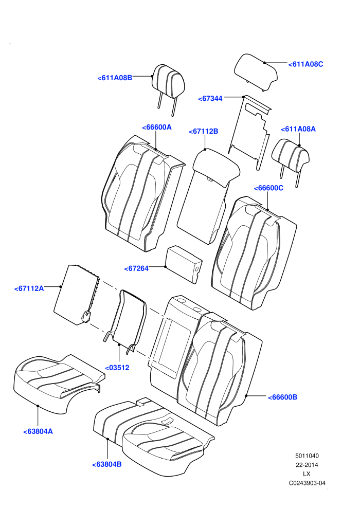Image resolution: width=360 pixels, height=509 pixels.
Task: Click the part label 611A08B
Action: (115, 78)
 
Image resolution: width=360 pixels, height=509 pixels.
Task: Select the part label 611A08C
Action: (306, 64)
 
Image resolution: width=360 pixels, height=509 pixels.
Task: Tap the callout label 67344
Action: (210, 98)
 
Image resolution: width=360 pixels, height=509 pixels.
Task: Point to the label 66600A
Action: (157, 128)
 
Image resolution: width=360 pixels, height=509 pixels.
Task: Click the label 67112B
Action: (204, 132)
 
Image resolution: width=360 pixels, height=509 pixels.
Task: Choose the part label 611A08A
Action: (298, 129)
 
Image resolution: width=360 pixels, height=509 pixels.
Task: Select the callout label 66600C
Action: (268, 188)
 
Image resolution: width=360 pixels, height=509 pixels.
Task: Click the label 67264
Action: (136, 268)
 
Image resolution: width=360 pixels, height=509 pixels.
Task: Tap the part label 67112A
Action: (29, 288)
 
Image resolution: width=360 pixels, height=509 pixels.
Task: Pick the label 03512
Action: (117, 368)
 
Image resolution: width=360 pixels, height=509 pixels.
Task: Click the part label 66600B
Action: (282, 397)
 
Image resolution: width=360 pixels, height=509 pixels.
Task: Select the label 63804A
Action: (38, 432)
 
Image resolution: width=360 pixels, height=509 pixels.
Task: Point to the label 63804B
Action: (107, 465)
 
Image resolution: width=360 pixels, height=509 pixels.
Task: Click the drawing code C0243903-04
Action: (307, 483)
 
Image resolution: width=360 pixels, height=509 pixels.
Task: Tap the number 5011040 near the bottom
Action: (307, 456)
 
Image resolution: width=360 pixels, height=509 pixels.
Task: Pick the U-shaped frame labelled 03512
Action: (125, 320)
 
